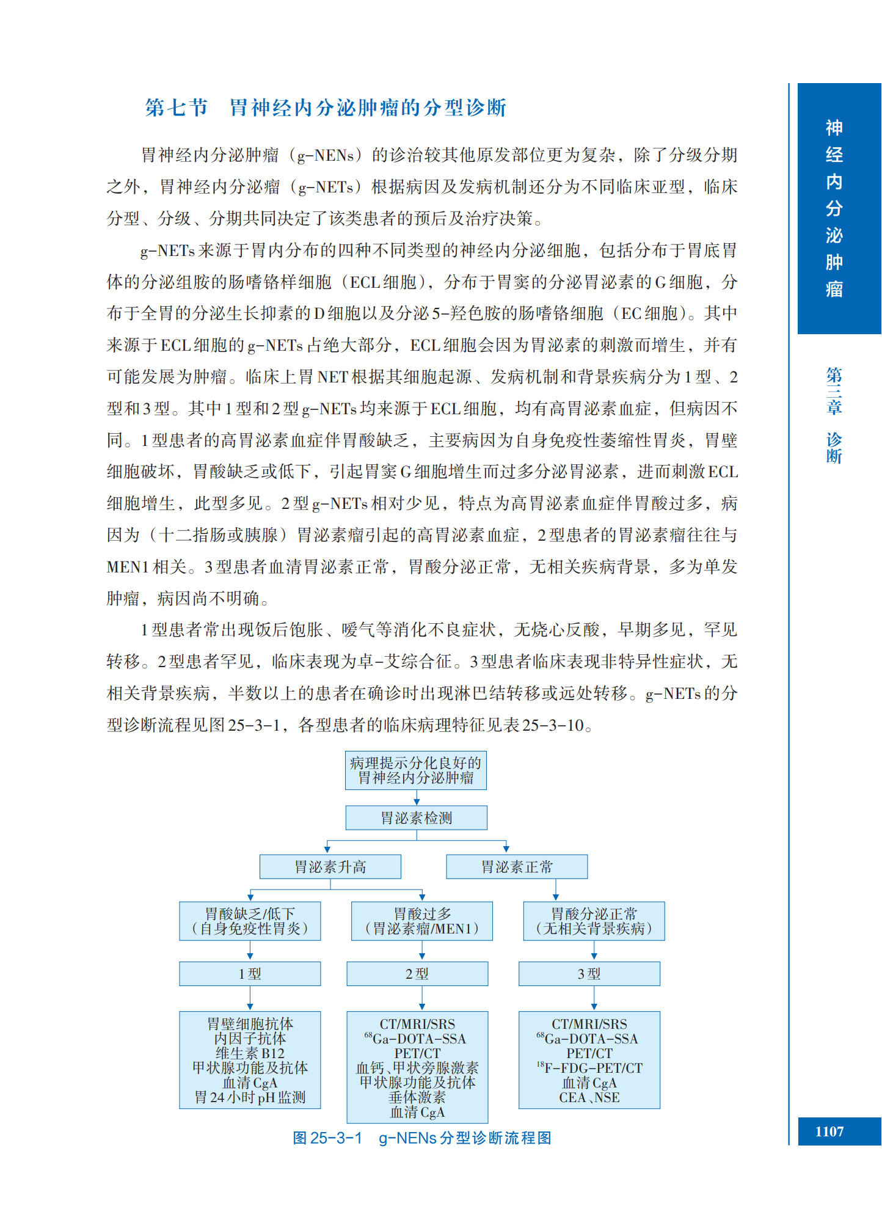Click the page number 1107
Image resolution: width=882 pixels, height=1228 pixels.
pyautogui.click(x=829, y=1131)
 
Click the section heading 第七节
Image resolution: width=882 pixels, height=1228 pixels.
pyautogui.click(x=177, y=108)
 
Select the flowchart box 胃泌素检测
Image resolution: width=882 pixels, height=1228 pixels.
pyautogui.click(x=416, y=817)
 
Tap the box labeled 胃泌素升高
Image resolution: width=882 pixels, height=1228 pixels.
pyautogui.click(x=330, y=866)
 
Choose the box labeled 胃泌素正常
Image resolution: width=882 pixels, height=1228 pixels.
pyautogui.click(x=517, y=866)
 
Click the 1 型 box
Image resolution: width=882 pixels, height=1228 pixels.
pyautogui.click(x=250, y=974)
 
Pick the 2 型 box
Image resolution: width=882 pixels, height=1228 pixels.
pyautogui.click(x=417, y=974)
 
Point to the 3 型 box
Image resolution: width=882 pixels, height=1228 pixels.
pyautogui.click(x=589, y=974)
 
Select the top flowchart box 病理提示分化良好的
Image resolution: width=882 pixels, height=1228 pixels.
pyautogui.click(x=415, y=770)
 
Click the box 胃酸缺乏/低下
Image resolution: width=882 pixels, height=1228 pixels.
pyautogui.click(x=250, y=921)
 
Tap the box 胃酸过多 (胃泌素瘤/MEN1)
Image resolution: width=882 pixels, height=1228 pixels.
pyautogui.click(x=421, y=921)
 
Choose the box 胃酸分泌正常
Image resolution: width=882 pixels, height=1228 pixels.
pyautogui.click(x=594, y=921)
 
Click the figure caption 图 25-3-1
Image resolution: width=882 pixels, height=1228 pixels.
pyautogui.click(x=327, y=1138)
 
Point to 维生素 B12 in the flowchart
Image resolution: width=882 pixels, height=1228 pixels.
pyautogui.click(x=250, y=1053)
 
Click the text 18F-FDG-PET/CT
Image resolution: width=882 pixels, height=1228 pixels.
pyautogui.click(x=589, y=1068)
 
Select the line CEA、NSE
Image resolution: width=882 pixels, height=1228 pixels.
pyautogui.click(x=589, y=1097)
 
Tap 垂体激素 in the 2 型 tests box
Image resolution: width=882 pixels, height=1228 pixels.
pyautogui.click(x=417, y=1097)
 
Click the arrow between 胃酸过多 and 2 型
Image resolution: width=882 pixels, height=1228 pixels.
pyautogui.click(x=422, y=951)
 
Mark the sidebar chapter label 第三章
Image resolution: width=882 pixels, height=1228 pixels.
pyautogui.click(x=834, y=390)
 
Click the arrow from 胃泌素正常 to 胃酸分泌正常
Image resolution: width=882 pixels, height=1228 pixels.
pyautogui.click(x=556, y=890)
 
